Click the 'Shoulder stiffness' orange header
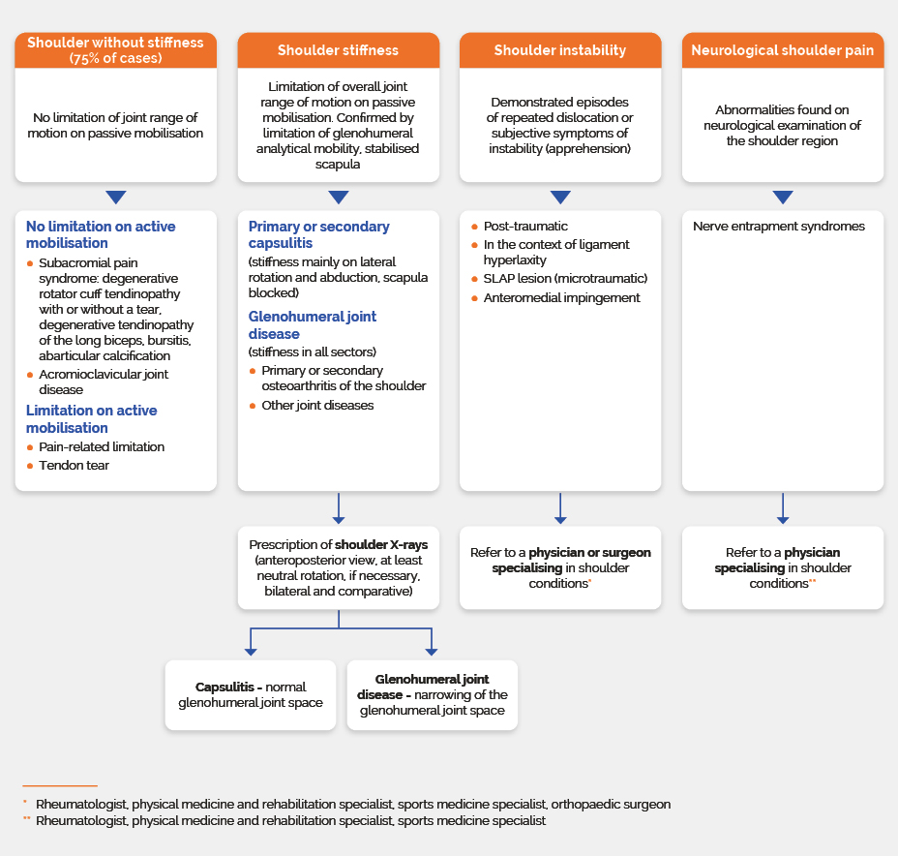[339, 50]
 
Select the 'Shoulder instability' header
[560, 50]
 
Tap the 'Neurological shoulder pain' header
[782, 50]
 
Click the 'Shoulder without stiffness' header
[116, 50]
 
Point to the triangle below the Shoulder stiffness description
[339, 198]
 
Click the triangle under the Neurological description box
[783, 198]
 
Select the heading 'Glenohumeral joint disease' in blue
[313, 324]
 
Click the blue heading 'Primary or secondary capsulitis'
[319, 234]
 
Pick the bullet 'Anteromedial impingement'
[555, 298]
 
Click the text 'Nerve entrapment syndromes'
[779, 227]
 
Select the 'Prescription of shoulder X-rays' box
[339, 567]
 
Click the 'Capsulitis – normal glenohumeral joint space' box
[251, 695]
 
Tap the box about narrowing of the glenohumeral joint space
[433, 695]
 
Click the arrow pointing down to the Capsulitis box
[251, 642]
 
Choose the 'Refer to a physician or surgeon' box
[560, 567]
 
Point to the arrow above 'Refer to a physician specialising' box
[783, 508]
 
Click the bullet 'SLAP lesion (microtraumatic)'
[559, 279]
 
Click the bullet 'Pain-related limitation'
[96, 447]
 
